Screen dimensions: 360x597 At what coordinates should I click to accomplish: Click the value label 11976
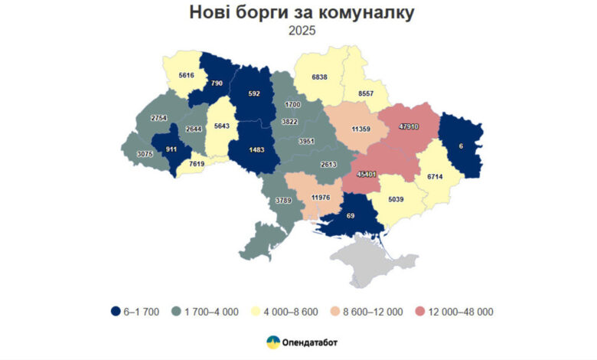325,198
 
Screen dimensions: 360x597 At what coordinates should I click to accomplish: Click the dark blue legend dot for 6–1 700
116,311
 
